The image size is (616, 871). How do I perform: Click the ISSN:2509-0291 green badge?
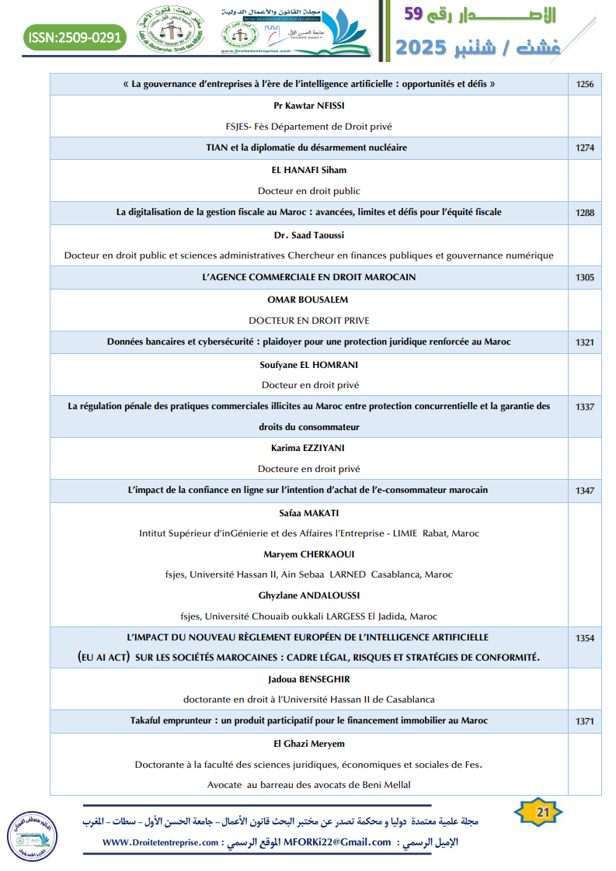tap(75, 36)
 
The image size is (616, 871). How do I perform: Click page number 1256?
tap(585, 84)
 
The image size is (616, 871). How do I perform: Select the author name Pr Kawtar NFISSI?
tap(309, 105)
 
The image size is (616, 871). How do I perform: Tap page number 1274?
tap(585, 147)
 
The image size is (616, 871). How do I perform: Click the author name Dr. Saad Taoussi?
tap(309, 234)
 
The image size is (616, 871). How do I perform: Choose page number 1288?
tap(585, 212)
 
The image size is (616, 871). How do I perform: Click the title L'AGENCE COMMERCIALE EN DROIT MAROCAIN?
tap(309, 277)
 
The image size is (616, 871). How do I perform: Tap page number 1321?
tap(585, 342)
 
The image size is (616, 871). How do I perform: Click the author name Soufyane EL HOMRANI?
tap(309, 364)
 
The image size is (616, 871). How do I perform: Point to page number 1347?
tap(585, 491)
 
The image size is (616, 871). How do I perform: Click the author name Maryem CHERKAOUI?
tap(309, 554)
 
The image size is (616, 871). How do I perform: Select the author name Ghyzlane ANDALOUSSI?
tap(309, 595)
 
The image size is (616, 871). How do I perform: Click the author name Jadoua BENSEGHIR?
tap(309, 678)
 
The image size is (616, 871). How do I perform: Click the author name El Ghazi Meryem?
tap(309, 744)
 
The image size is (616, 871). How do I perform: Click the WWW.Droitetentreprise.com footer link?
tap(159, 842)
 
